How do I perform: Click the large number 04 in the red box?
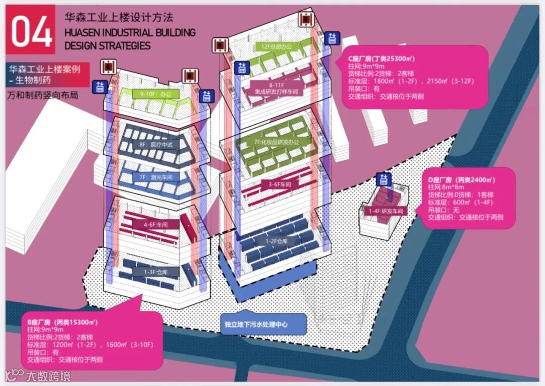point(31,31)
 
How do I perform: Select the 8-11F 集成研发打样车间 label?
point(276,89)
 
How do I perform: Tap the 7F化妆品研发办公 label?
point(277,143)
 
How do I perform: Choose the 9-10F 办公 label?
point(153,93)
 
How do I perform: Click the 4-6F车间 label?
point(155,224)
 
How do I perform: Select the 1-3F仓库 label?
point(155,272)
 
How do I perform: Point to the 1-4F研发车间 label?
point(386,212)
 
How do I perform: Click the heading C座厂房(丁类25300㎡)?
point(381,58)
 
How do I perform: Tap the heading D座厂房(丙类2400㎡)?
point(461,179)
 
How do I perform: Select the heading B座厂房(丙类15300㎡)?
point(62,321)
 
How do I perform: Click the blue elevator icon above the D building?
point(384,178)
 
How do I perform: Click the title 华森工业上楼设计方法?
point(119,17)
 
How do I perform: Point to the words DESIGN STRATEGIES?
point(107,45)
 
